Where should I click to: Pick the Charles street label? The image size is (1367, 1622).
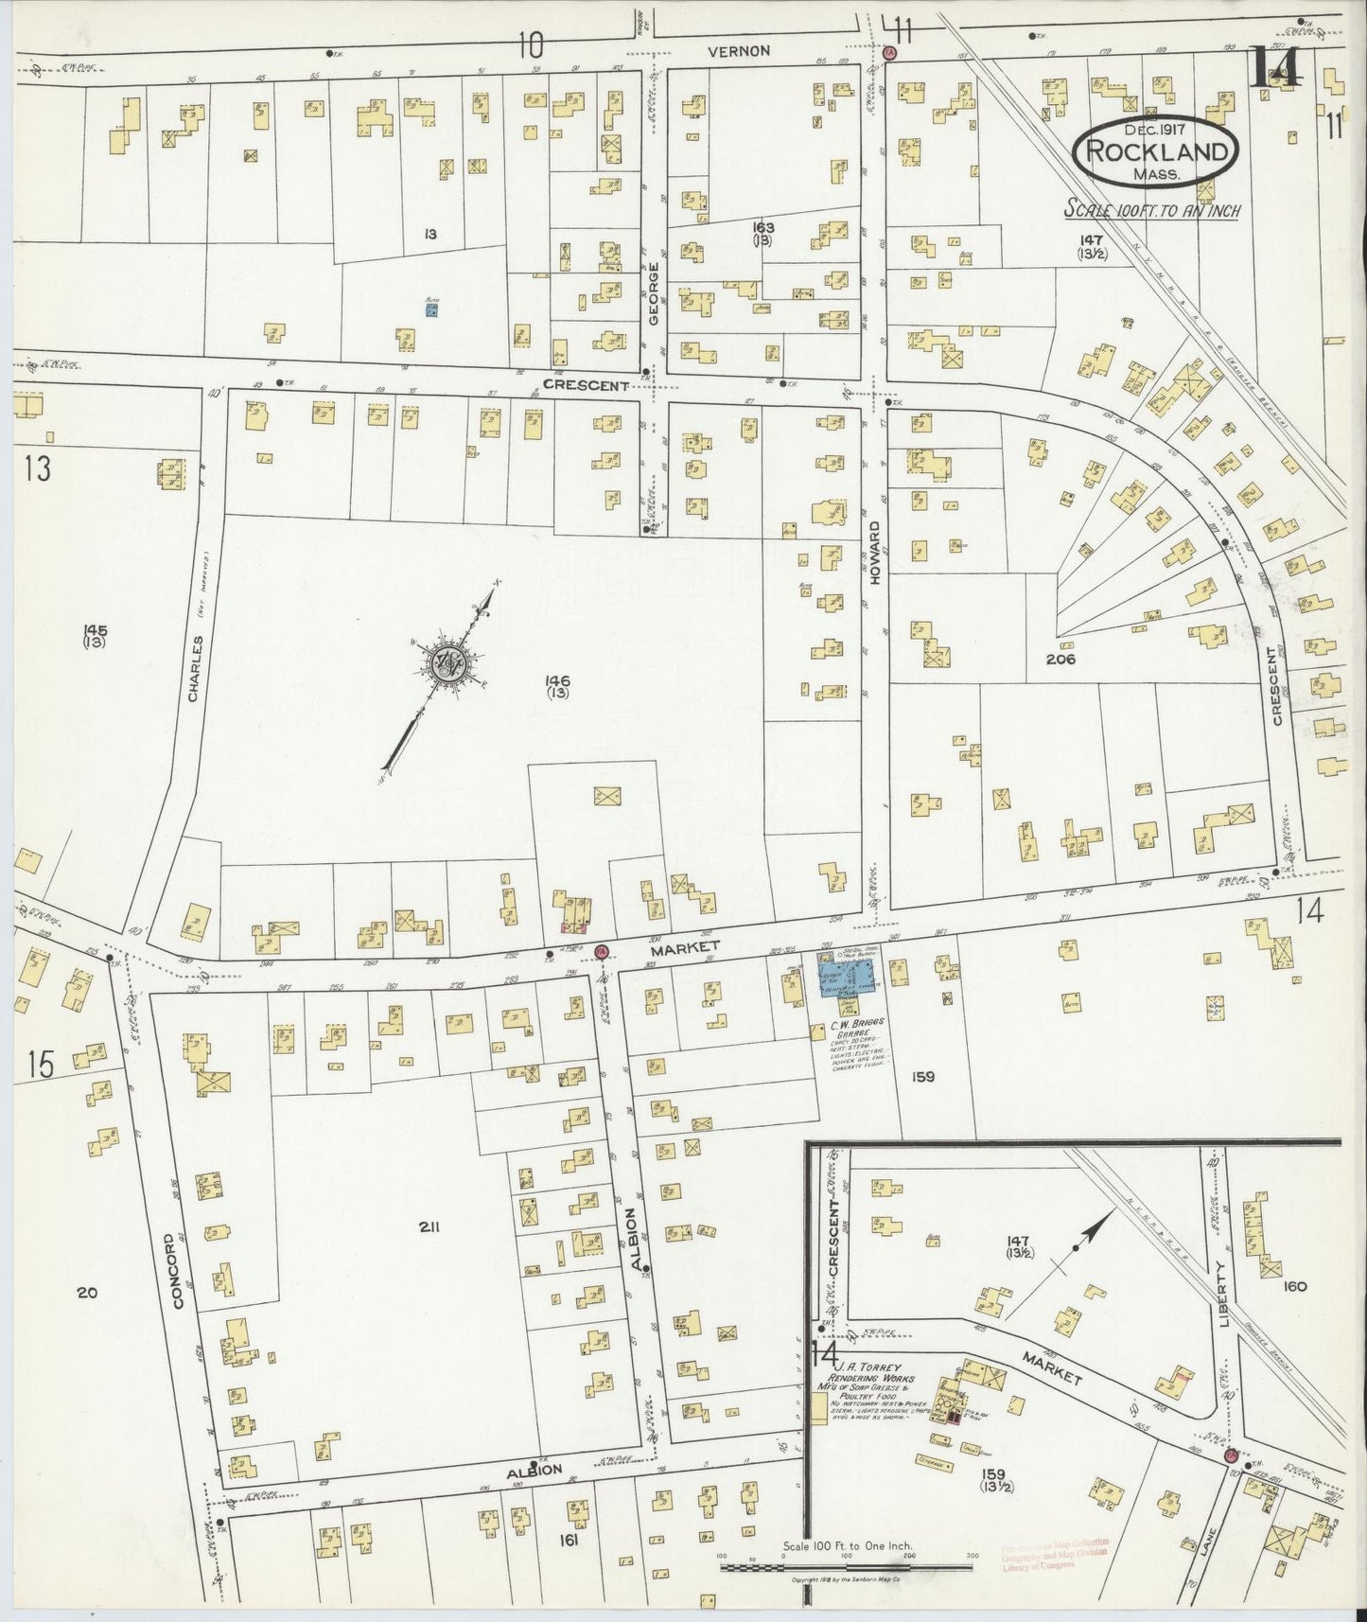click(194, 668)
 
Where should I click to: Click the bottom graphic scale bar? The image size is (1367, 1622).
click(846, 1566)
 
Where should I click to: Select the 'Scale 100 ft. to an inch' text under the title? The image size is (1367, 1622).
click(1152, 210)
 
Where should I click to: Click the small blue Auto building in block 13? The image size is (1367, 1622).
click(430, 309)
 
